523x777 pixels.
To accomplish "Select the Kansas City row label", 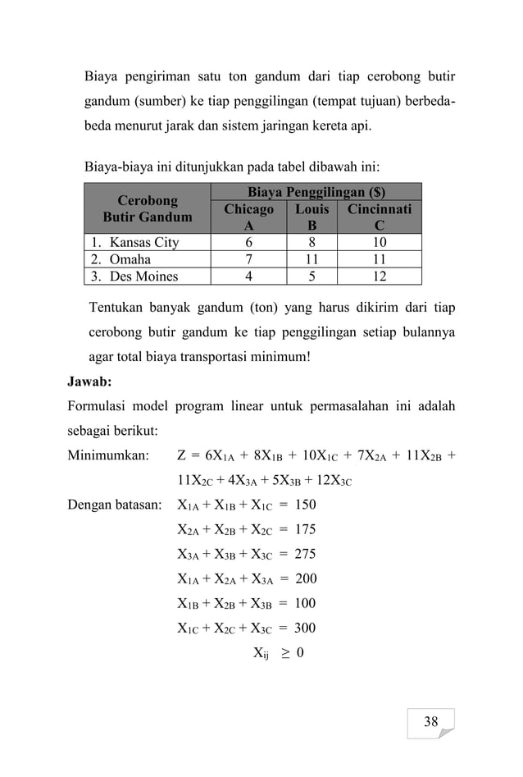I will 136,243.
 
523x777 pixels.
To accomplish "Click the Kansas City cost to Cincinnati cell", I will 379,243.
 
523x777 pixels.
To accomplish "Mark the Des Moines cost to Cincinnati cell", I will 379,276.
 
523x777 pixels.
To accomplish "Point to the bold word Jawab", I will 90,382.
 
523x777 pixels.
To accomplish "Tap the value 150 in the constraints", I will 305,504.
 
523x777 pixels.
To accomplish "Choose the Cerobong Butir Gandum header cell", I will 148,209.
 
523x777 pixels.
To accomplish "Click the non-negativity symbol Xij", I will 261,654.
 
